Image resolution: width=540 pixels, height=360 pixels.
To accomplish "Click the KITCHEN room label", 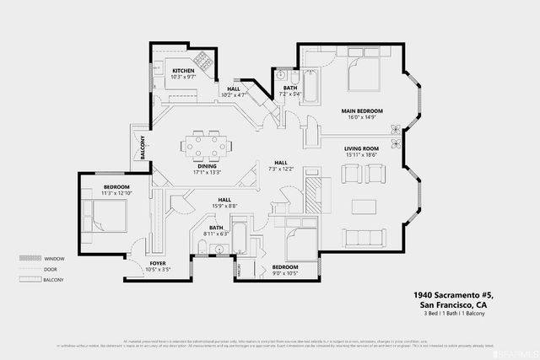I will pyautogui.click(x=184, y=71).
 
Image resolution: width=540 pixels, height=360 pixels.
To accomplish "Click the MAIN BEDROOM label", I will pyautogui.click(x=362, y=111).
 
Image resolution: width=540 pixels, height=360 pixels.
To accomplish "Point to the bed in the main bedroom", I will pyautogui.click(x=364, y=79).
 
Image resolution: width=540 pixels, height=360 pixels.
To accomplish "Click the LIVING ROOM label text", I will pyautogui.click(x=362, y=148).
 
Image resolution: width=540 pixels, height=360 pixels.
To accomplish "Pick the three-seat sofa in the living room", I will pyautogui.click(x=364, y=236).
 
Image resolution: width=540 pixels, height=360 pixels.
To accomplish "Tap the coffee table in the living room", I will pyautogui.click(x=364, y=206).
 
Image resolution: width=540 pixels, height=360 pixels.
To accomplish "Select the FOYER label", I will pyautogui.click(x=158, y=263).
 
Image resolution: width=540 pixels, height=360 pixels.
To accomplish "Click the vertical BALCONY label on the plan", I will pyautogui.click(x=143, y=148).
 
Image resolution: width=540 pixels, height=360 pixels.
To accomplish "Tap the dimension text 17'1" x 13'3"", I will pyautogui.click(x=208, y=173).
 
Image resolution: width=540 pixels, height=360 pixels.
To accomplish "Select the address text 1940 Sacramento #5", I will pyautogui.click(x=454, y=295).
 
